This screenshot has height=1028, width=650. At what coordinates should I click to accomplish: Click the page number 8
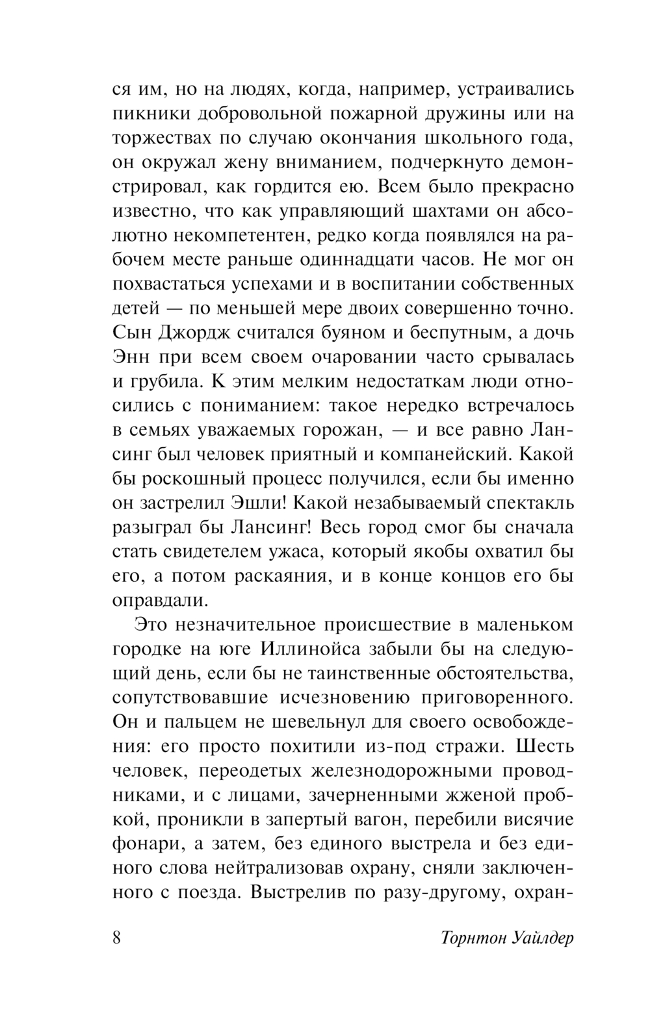(117, 939)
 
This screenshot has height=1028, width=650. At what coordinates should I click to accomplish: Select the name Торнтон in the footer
(467, 939)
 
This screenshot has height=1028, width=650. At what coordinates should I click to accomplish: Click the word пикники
(144, 114)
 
